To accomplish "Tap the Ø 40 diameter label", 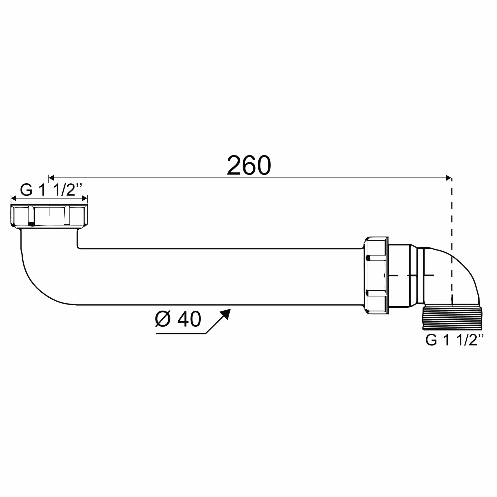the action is [x=178, y=319].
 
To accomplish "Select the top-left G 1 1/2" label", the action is [x=51, y=190].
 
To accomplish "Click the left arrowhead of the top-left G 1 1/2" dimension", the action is [x=14, y=198].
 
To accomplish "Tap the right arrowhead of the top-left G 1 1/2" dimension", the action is [x=85, y=198].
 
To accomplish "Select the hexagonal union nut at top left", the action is [x=49, y=216].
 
